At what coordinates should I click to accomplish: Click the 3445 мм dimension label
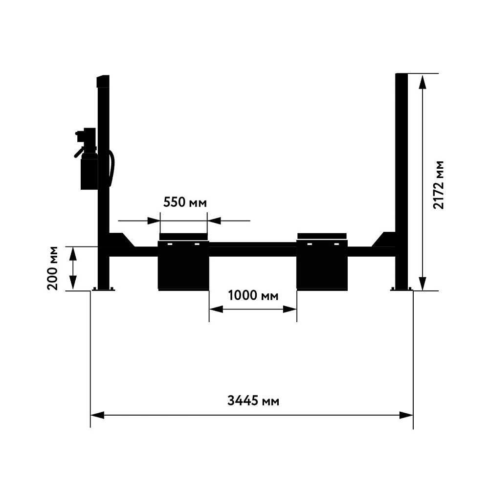click(253, 400)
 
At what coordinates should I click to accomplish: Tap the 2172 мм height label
click(439, 185)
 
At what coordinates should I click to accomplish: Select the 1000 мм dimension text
click(253, 295)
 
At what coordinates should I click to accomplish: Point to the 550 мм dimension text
click(185, 202)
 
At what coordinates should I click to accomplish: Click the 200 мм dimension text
click(53, 268)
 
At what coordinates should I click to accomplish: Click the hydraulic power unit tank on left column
click(89, 174)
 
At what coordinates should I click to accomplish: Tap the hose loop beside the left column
click(111, 168)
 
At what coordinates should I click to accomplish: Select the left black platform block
click(183, 265)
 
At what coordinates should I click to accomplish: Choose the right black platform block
click(322, 265)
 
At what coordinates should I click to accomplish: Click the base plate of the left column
click(104, 289)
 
